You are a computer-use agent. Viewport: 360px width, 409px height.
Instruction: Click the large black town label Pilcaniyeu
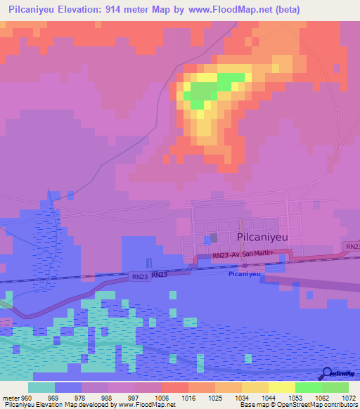(x=267, y=238)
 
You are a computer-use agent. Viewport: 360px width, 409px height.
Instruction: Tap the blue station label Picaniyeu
(x=245, y=275)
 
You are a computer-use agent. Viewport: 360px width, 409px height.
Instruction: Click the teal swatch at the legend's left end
(x=41, y=387)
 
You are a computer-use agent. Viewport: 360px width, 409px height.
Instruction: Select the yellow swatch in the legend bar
(x=281, y=387)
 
